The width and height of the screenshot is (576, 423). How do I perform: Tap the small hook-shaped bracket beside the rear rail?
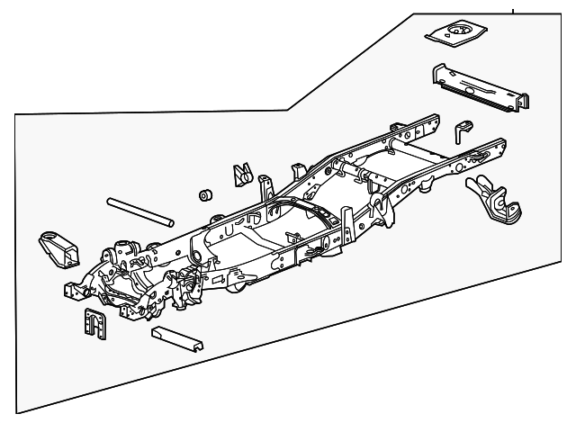click(463, 130)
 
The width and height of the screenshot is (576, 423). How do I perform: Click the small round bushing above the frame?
click(205, 196)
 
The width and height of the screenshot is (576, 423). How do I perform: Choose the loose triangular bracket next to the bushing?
click(241, 174)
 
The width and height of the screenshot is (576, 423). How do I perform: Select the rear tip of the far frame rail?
click(434, 118)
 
